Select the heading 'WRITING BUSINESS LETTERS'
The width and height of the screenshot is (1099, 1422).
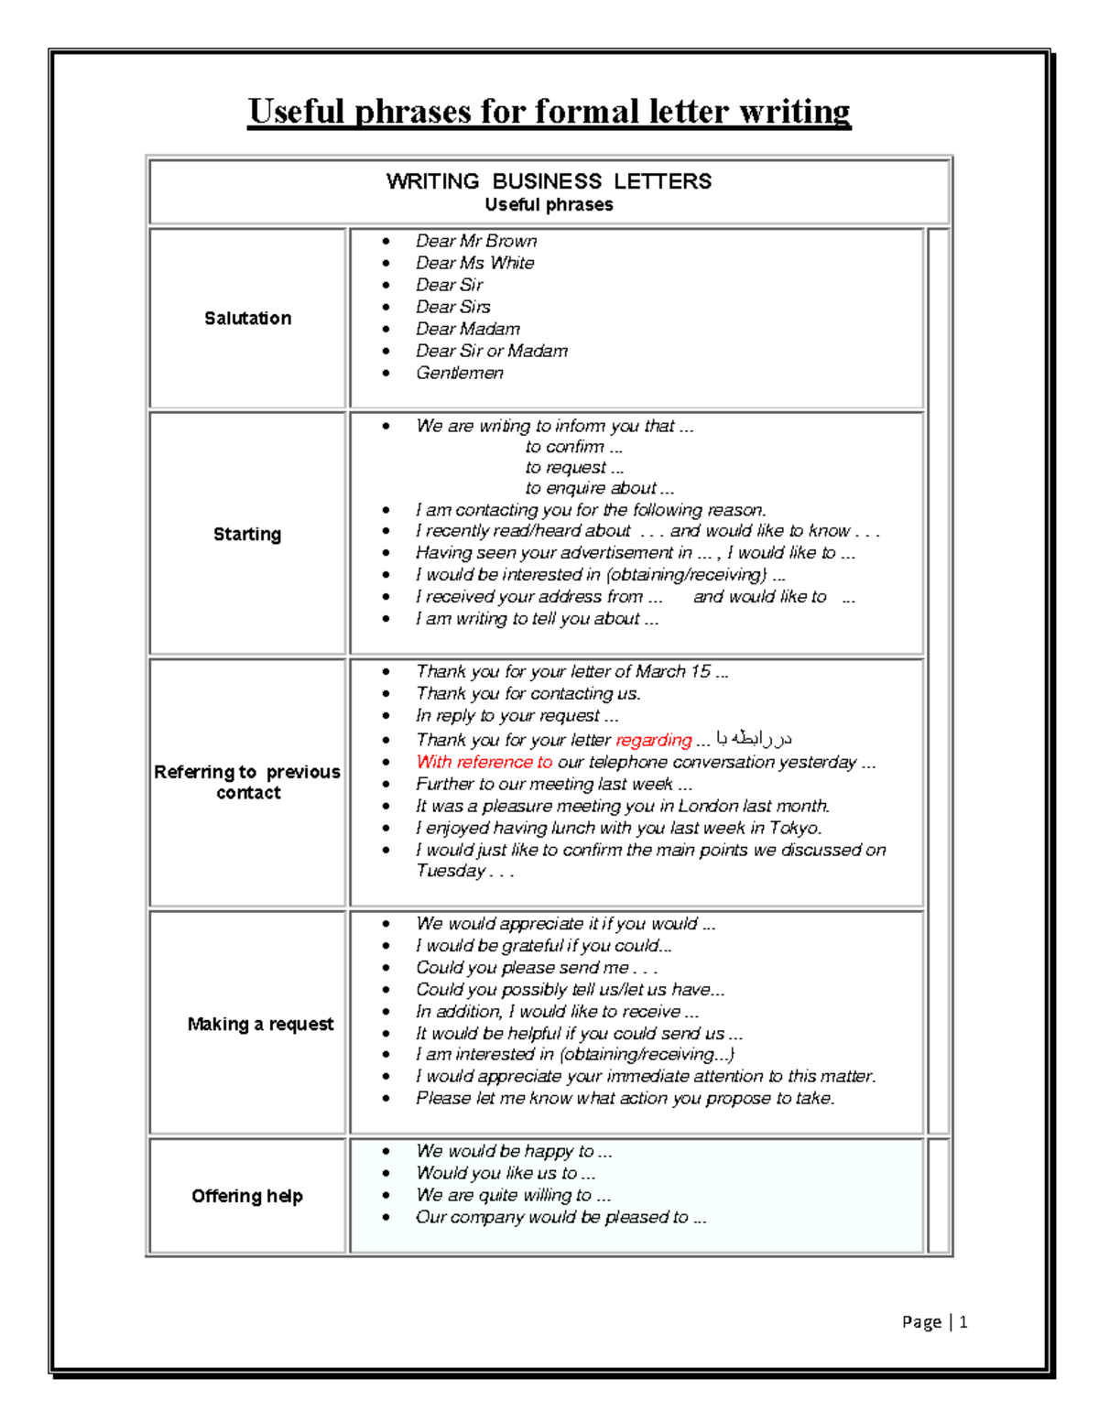tap(549, 181)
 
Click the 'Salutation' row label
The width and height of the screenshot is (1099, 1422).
tap(247, 318)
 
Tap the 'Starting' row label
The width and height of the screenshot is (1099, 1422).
tap(247, 534)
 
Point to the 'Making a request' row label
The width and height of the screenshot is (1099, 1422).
tap(260, 1024)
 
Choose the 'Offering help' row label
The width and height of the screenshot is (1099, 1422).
tap(247, 1196)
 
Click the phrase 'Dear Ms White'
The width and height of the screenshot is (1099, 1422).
tap(474, 263)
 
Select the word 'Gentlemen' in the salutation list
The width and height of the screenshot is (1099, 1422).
tap(460, 373)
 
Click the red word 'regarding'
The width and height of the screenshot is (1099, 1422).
tap(654, 740)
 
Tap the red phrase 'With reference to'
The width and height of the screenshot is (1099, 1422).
tap(484, 762)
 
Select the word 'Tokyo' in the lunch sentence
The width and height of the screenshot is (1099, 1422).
tap(795, 828)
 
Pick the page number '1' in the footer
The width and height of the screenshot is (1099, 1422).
tap(963, 1321)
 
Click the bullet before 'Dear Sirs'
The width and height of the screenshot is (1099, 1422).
tap(386, 308)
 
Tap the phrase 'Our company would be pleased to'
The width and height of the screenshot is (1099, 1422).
tap(552, 1217)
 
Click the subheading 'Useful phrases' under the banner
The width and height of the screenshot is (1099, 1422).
tap(549, 205)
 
